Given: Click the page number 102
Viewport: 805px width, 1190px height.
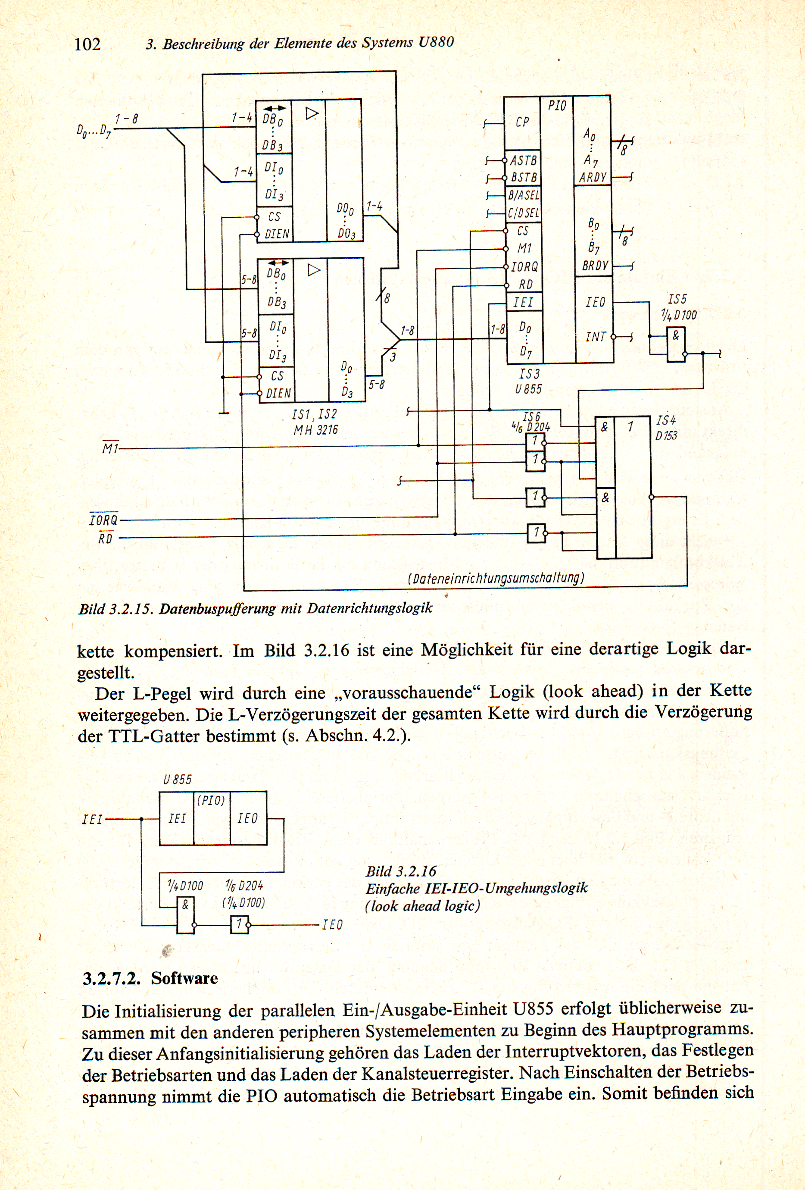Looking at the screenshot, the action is pyautogui.click(x=87, y=44).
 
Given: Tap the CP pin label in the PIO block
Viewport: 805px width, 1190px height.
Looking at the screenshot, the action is pyautogui.click(x=522, y=122).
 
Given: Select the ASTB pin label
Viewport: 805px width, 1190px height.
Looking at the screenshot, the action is pyautogui.click(x=523, y=161).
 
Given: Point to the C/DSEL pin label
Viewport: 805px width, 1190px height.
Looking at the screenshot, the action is pyautogui.click(x=523, y=212).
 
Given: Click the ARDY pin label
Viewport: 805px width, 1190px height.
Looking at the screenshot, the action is pyautogui.click(x=593, y=178).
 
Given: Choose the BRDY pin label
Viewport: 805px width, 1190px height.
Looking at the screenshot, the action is pyautogui.click(x=595, y=266).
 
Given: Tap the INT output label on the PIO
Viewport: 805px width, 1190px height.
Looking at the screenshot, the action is pyautogui.click(x=596, y=336).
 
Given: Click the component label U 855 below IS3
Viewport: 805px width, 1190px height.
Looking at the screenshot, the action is pyautogui.click(x=528, y=389).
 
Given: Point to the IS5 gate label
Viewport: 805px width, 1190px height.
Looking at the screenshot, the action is pyautogui.click(x=677, y=299).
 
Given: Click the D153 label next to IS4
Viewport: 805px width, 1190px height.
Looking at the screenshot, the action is pyautogui.click(x=666, y=436).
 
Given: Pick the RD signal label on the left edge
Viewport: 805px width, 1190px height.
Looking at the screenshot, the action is pyautogui.click(x=106, y=538).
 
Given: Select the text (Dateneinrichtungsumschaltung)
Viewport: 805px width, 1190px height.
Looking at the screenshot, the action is pyautogui.click(x=496, y=578).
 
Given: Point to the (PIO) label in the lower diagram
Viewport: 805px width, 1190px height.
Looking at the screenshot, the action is pyautogui.click(x=211, y=800).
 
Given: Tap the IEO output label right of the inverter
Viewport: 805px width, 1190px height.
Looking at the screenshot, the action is pyautogui.click(x=332, y=924).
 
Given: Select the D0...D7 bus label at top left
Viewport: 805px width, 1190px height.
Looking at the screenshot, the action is pyautogui.click(x=94, y=131).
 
